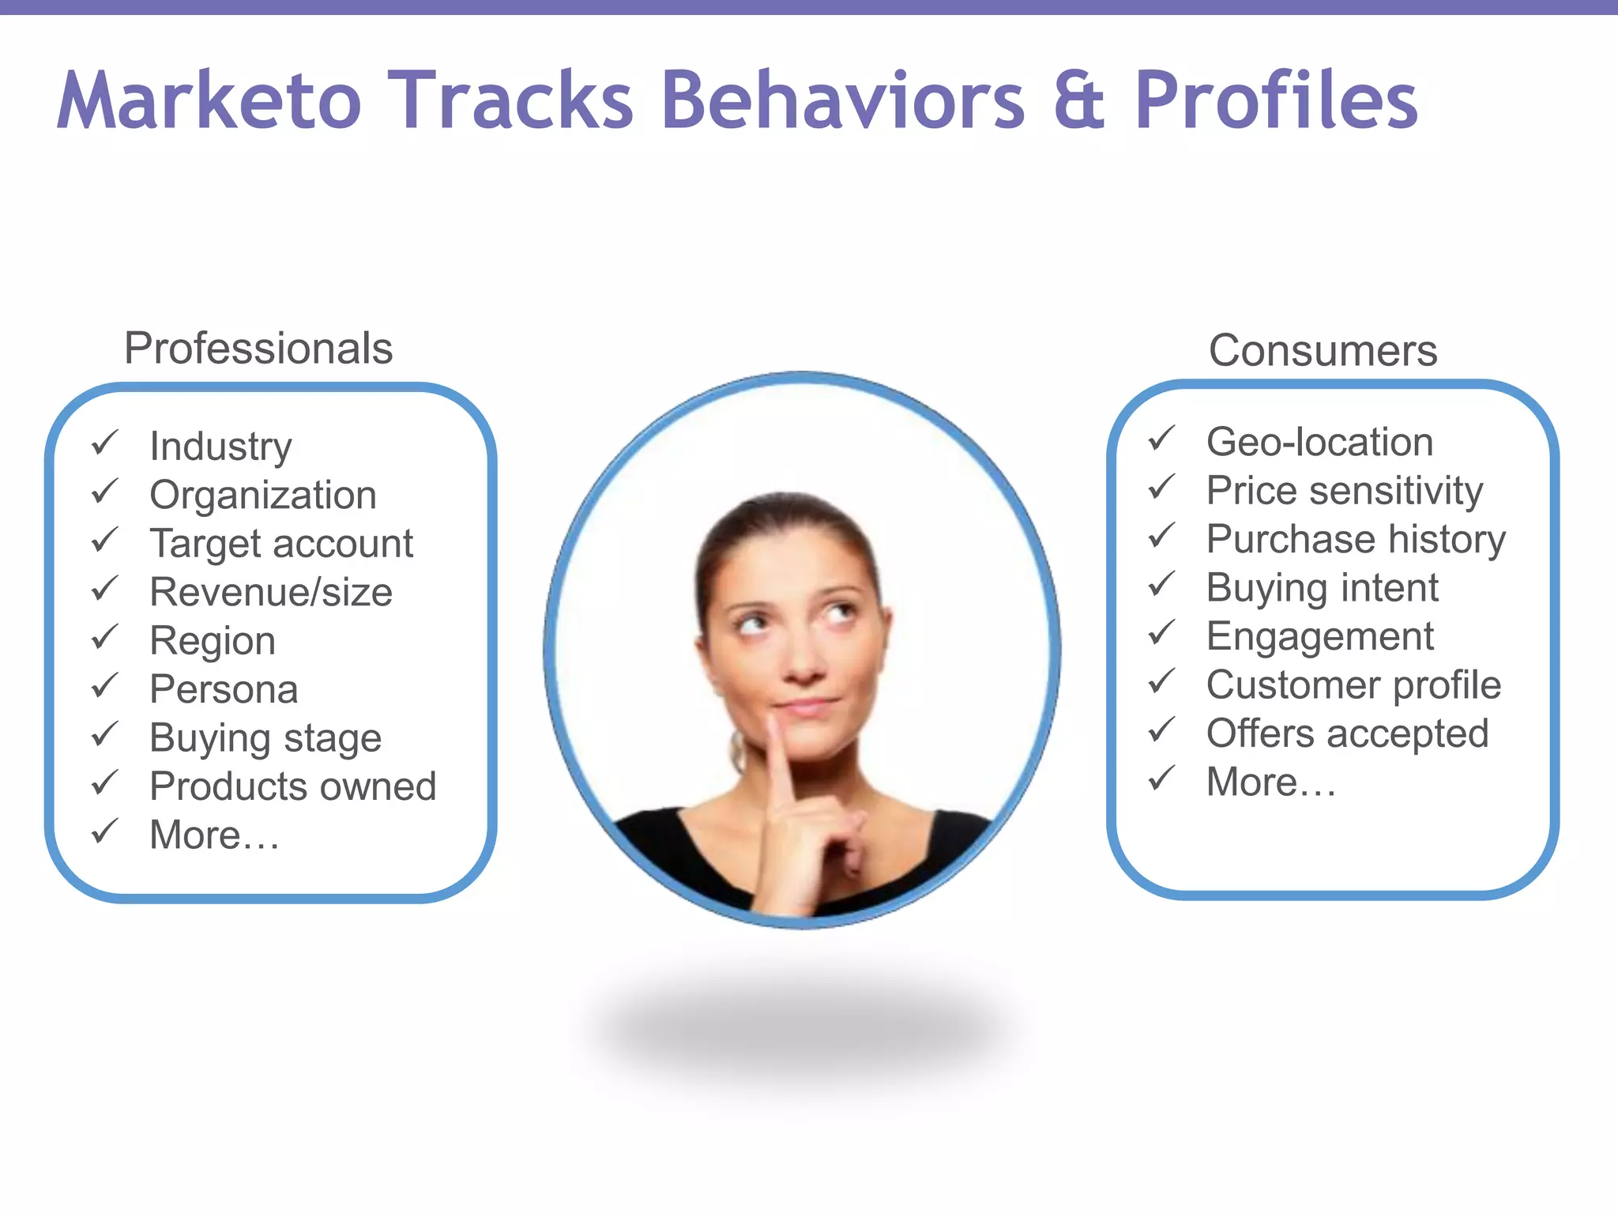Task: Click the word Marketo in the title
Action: [x=209, y=100]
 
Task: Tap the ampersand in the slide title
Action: [x=1079, y=100]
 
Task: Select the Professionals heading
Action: [x=258, y=349]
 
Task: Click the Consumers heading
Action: [x=1323, y=351]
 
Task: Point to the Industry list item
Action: [x=220, y=447]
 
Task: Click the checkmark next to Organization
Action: [x=105, y=492]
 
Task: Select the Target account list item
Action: [x=281, y=544]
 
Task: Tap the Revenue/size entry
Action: [x=271, y=592]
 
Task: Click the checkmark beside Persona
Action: [x=105, y=687]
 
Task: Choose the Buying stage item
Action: [x=265, y=738]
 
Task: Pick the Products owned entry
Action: [x=292, y=786]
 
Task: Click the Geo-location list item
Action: [x=1319, y=442]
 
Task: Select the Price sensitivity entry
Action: [x=1345, y=491]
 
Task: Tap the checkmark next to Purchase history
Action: [x=1162, y=537]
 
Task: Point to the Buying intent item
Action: [x=1322, y=588]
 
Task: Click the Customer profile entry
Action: [x=1353, y=685]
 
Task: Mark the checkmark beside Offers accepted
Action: [x=1162, y=731]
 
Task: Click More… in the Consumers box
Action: [x=1271, y=782]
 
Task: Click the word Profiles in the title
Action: [x=1276, y=100]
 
